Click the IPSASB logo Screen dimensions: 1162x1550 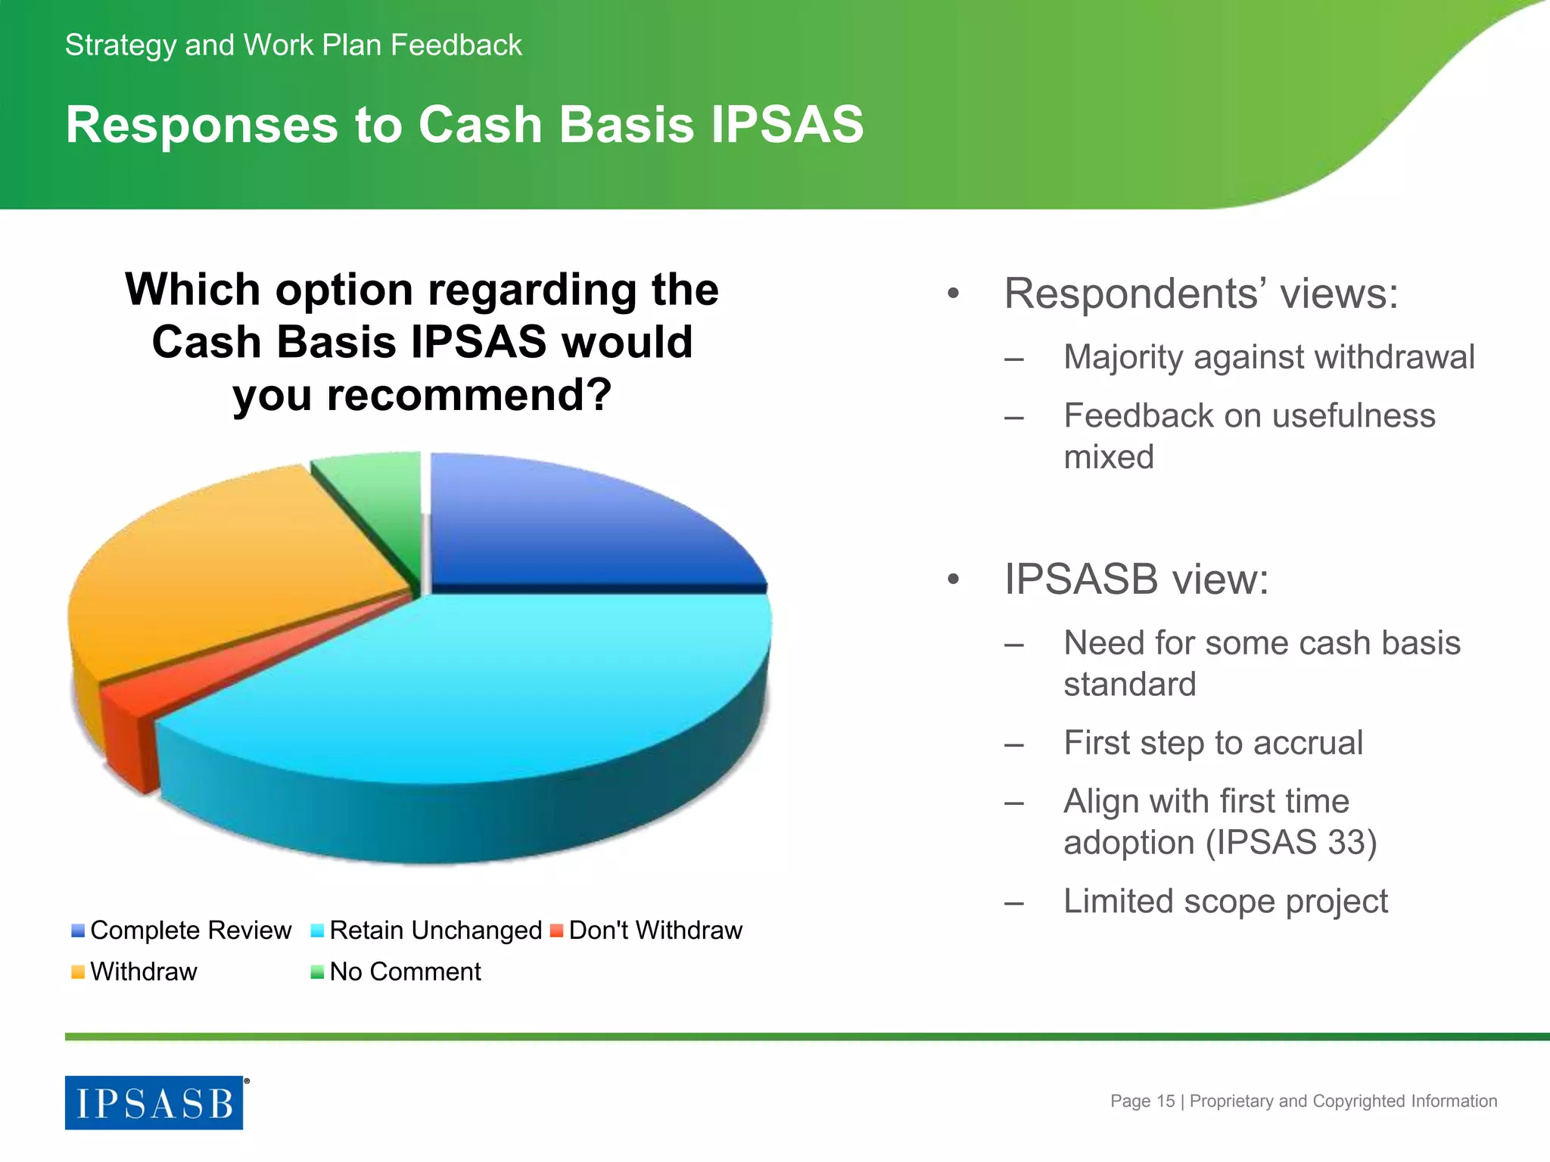click(x=154, y=1103)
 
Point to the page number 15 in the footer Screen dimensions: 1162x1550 click(x=1166, y=1101)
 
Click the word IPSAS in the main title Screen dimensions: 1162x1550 click(x=787, y=125)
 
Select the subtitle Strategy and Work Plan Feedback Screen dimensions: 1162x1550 click(x=294, y=45)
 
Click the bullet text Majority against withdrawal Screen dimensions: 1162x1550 click(x=1268, y=357)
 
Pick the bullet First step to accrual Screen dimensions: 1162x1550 click(x=1212, y=743)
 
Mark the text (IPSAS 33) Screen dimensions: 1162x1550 click(x=1291, y=843)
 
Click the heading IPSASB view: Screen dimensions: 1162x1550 click(x=1135, y=579)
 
